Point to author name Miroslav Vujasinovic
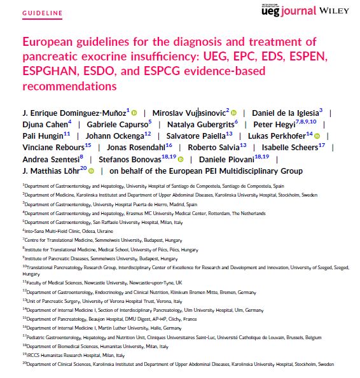click(x=188, y=112)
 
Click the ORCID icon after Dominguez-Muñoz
click(x=135, y=112)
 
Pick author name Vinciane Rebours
click(x=55, y=148)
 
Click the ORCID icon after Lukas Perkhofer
click(x=317, y=136)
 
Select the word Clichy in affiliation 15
click(x=171, y=319)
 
